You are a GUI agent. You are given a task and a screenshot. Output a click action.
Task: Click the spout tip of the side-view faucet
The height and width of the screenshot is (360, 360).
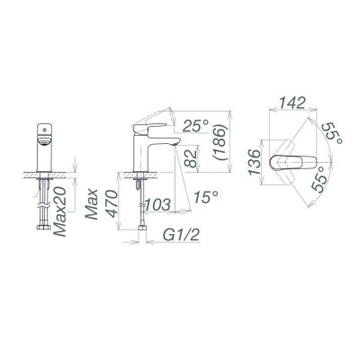point(167,149)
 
